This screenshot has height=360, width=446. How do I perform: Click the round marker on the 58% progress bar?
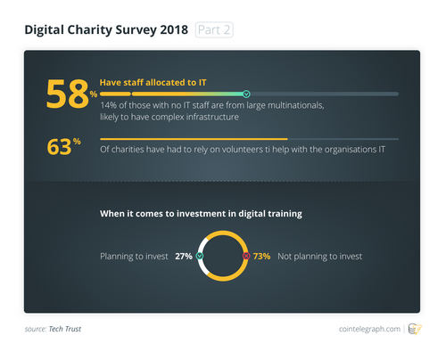[x=246, y=94]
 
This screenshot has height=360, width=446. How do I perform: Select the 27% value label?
[x=183, y=257]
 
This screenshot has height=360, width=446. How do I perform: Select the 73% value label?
[x=261, y=257]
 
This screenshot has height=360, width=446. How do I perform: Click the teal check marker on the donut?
[x=200, y=257]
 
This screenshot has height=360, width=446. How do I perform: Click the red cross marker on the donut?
[x=246, y=257]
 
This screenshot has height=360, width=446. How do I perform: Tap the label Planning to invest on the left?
[x=134, y=257]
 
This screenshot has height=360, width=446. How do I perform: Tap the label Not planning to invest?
[x=320, y=257]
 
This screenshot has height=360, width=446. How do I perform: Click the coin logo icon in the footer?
[x=414, y=329]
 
